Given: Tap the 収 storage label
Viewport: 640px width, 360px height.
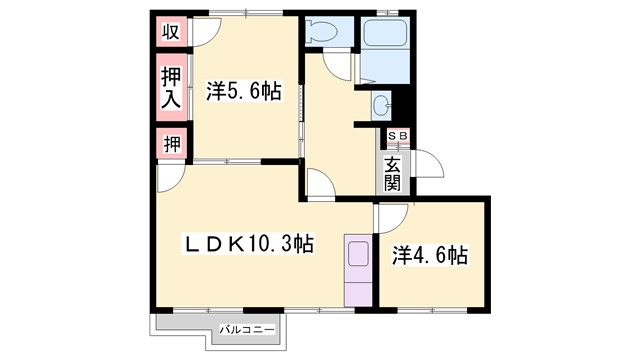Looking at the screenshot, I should [x=171, y=31].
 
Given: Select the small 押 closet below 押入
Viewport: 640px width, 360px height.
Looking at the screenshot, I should [x=171, y=143].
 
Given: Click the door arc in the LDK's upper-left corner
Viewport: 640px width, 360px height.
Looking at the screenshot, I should [x=169, y=178].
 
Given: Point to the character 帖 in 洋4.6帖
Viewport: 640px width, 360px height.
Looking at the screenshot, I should [x=457, y=255].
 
